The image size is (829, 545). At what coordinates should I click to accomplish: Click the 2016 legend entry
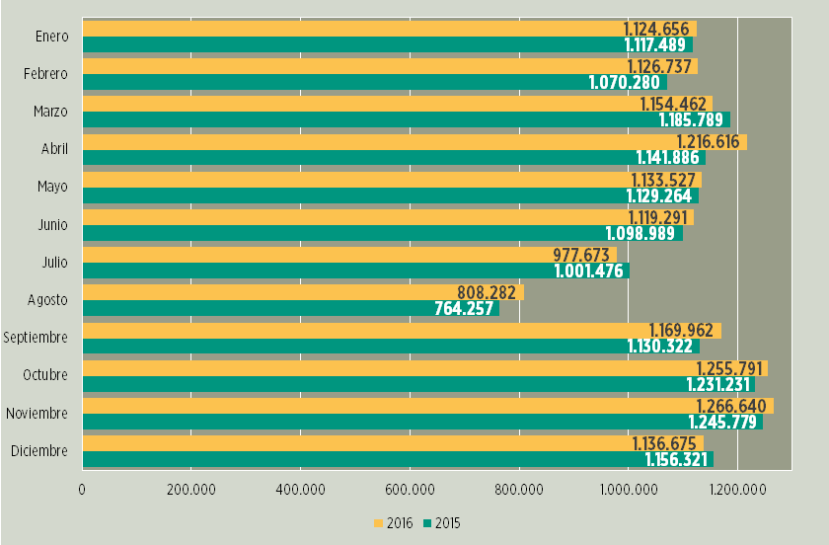click(393, 523)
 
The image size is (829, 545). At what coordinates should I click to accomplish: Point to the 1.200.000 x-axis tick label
click(737, 489)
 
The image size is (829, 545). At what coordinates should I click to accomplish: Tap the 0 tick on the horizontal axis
click(82, 489)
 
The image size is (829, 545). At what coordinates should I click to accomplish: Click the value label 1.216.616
click(708, 142)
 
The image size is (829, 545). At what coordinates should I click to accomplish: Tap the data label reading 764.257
click(466, 308)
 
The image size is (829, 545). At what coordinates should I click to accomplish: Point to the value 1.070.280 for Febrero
click(624, 82)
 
